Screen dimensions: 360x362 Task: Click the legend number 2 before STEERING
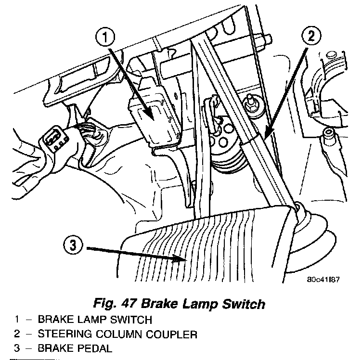point(16,333)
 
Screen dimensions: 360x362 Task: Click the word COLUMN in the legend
point(125,333)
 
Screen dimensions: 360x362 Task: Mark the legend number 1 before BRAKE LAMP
point(16,319)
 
